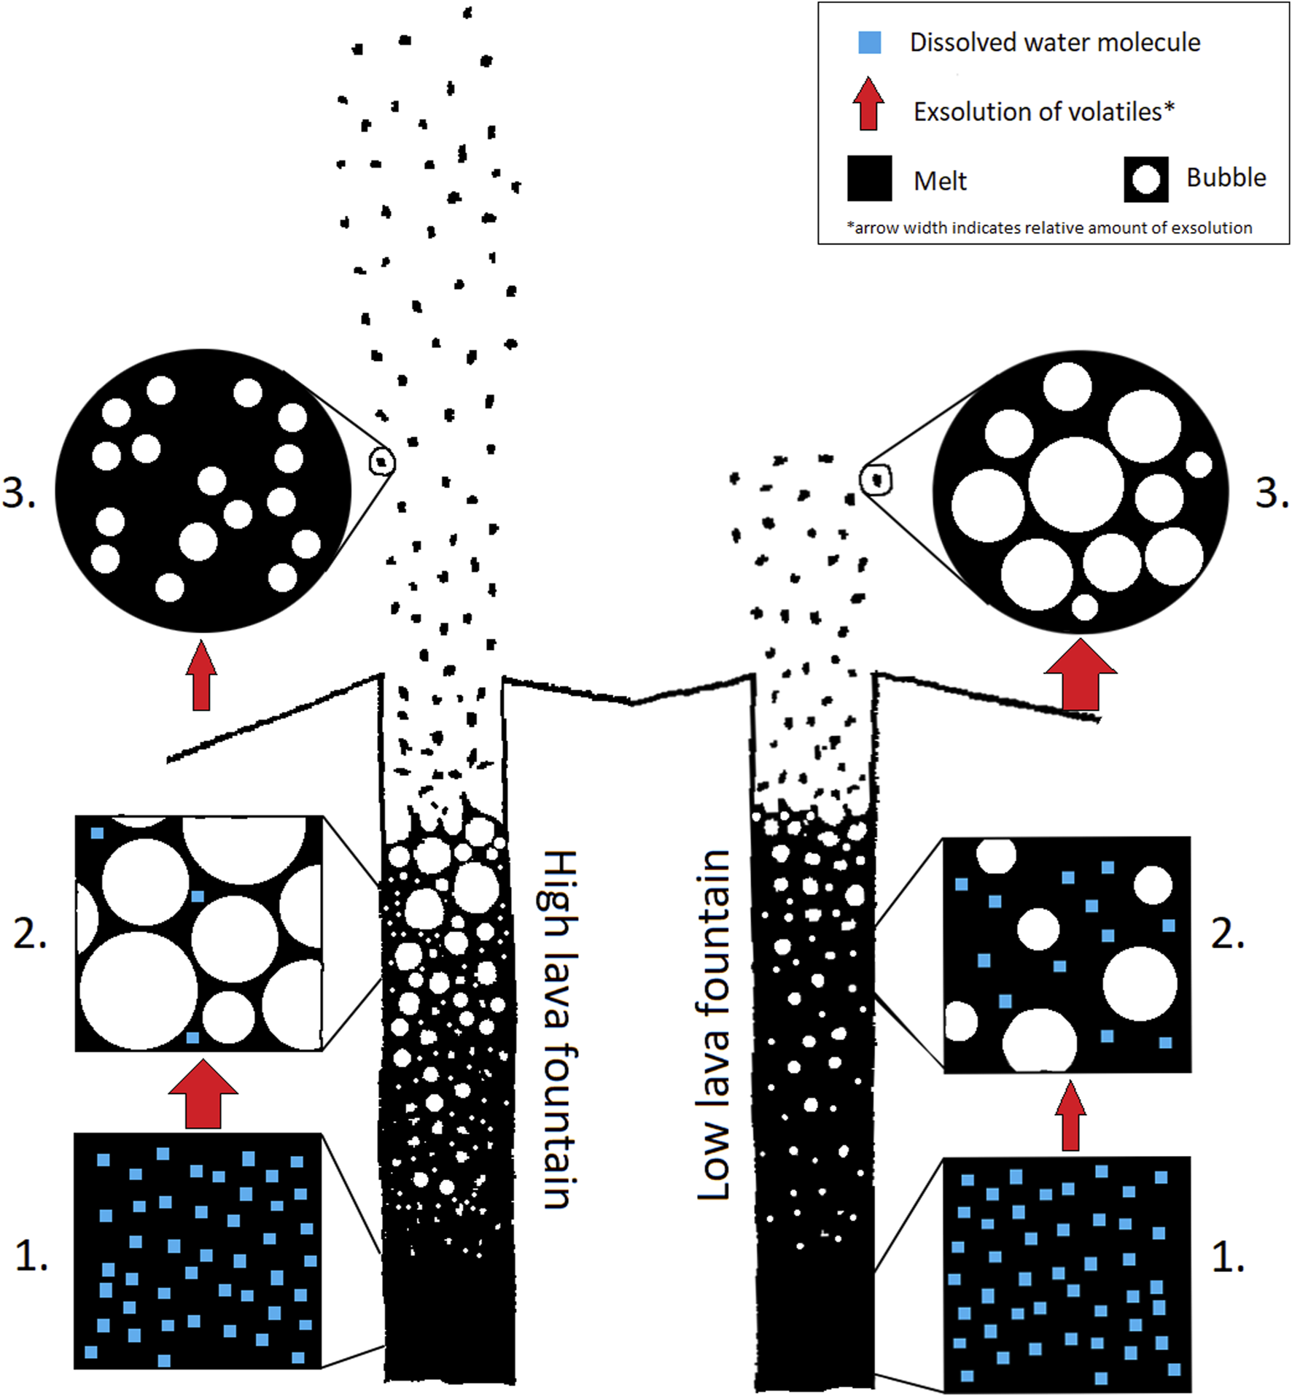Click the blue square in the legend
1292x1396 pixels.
pyautogui.click(x=869, y=42)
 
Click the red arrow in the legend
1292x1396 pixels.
pyautogui.click(x=868, y=104)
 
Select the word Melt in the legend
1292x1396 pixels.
pyautogui.click(x=940, y=181)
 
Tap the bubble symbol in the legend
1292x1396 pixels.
pyautogui.click(x=1145, y=179)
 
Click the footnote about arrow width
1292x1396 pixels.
pyautogui.click(x=1048, y=228)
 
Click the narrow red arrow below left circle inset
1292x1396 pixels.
pyautogui.click(x=201, y=676)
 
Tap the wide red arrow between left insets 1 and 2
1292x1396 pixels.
pyautogui.click(x=203, y=1094)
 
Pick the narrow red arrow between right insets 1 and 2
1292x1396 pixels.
pyautogui.click(x=1070, y=1117)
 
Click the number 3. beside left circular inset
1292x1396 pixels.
pyautogui.click(x=19, y=493)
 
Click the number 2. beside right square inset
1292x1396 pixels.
pyautogui.click(x=1228, y=934)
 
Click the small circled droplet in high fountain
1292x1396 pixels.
pyautogui.click(x=381, y=462)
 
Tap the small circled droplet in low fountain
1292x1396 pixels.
pyautogui.click(x=876, y=480)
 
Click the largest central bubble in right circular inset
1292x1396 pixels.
pyautogui.click(x=1075, y=485)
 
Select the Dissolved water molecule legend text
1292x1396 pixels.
pyautogui.click(x=1054, y=42)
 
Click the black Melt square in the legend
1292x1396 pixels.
pyautogui.click(x=869, y=178)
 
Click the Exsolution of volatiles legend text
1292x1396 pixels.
pyautogui.click(x=1043, y=112)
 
